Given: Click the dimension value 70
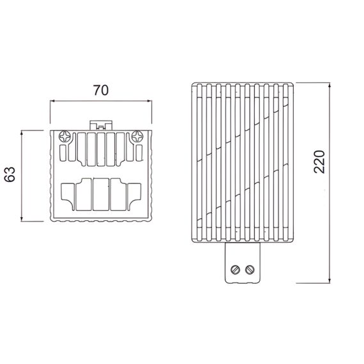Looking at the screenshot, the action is [101, 90].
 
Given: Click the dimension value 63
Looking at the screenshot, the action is [10, 174].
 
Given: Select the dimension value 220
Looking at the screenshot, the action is [319, 162].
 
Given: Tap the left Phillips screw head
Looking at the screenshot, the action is [64, 137].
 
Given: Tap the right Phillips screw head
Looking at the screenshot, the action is [138, 137].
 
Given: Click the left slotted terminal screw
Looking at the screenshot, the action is [235, 269].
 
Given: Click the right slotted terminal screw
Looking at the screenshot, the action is [250, 269].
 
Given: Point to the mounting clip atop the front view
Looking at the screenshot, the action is [101, 125].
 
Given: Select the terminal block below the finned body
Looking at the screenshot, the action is [243, 263].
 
